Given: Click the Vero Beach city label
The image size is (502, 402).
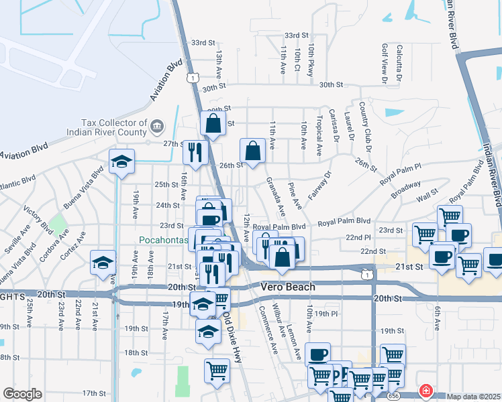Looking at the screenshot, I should [x=287, y=287].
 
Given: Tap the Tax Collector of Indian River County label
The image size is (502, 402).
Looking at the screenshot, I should [x=113, y=127].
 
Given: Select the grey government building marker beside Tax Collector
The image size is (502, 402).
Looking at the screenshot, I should [x=156, y=125].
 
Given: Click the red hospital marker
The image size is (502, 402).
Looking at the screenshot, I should [x=425, y=390].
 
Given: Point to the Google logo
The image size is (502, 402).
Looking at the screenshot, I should [x=22, y=394].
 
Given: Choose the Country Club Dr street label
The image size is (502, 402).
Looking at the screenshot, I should [x=362, y=121].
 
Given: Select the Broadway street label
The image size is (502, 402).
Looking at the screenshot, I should [x=406, y=188].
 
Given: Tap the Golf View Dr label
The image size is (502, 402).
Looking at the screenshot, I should [x=385, y=64].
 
